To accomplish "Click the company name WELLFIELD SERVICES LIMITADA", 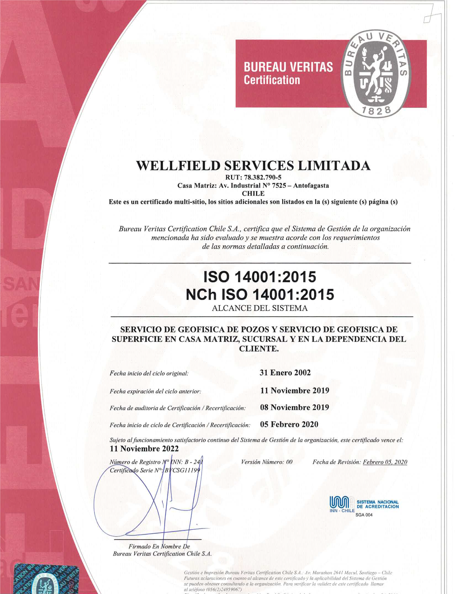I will click(253, 166).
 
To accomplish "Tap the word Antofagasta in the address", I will click(311, 185).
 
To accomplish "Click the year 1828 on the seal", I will click(376, 111).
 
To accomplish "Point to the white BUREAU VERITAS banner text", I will click(288, 67).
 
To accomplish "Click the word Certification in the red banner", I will click(272, 80).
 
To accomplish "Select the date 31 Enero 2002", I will click(285, 373).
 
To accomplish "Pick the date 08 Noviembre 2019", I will click(294, 407).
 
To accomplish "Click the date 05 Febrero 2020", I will click(289, 424).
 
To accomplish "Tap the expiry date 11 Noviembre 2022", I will click(144, 449).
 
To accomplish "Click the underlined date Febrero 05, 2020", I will click(385, 462).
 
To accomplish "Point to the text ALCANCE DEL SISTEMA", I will click(260, 308).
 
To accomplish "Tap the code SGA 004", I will click(364, 515).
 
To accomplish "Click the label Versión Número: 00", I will click(266, 462).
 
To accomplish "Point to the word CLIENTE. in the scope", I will click(259, 349).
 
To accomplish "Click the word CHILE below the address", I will click(253, 193).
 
